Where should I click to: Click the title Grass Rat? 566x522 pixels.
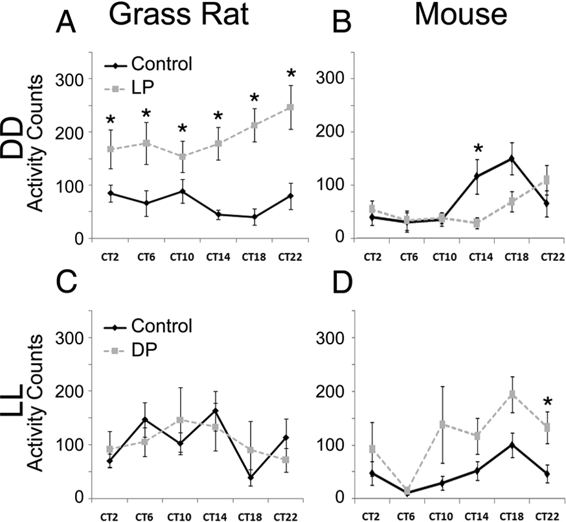(179, 15)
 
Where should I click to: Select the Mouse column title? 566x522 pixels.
(461, 15)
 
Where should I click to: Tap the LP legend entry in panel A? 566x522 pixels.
(130, 87)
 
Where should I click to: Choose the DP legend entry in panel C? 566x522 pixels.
(130, 350)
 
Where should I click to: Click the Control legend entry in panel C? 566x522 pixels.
(148, 326)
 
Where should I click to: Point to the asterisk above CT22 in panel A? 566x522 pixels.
(291, 74)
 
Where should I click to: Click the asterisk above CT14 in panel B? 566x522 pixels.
(478, 148)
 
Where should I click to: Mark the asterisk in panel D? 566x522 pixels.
(548, 401)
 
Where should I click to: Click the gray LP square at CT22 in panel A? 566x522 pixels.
(290, 107)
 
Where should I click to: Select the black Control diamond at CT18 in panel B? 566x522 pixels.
(511, 158)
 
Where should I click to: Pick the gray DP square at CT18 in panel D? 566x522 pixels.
(512, 394)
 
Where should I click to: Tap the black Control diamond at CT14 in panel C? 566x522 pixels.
(216, 411)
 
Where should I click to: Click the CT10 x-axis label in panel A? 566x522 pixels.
(182, 257)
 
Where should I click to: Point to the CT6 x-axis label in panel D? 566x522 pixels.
(407, 517)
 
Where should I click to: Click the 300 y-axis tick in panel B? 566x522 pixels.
(330, 79)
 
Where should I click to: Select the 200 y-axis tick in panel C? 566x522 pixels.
(69, 391)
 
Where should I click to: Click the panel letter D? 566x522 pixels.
(342, 284)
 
